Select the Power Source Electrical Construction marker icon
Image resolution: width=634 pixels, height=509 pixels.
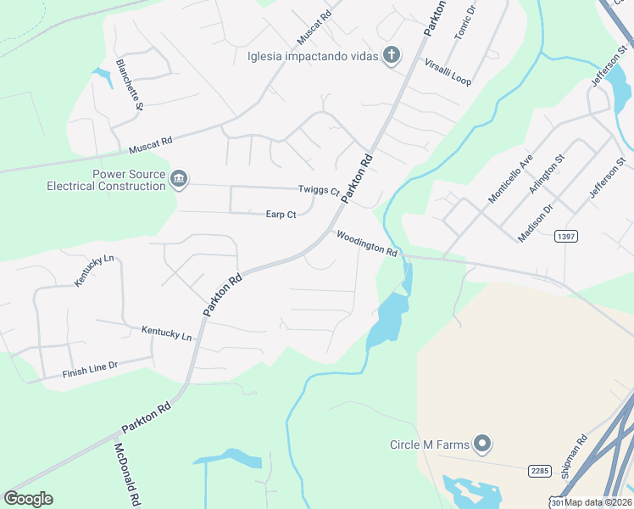[x=179, y=178]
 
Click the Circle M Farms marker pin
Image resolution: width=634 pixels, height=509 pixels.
[x=482, y=444]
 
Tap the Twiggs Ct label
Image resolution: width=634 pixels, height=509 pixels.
[x=318, y=190]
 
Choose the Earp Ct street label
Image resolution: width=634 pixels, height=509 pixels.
[x=281, y=215]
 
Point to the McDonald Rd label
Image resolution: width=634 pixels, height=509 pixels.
[x=126, y=474]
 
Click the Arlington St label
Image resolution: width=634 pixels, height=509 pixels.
[x=547, y=174]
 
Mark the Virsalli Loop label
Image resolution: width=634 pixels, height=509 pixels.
[x=448, y=72]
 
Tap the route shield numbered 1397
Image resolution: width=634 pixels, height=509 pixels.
[x=567, y=236]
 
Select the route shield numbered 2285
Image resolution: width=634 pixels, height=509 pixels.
[x=540, y=470]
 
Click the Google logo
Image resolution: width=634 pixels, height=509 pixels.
[x=28, y=499]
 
